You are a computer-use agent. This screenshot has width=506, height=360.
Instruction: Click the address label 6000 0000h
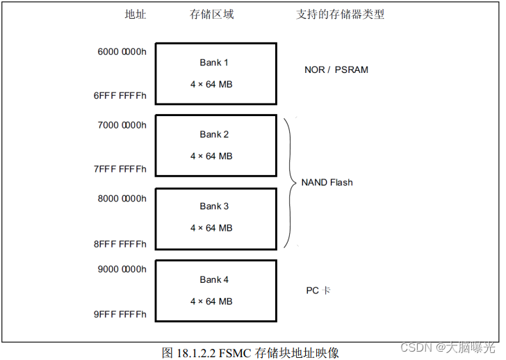tap(121, 51)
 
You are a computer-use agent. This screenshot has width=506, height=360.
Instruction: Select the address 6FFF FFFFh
tap(120, 97)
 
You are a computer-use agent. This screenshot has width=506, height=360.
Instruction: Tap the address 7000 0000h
tap(121, 125)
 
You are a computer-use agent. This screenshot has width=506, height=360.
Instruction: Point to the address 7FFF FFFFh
tap(120, 170)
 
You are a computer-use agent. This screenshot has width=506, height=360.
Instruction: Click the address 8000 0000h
tap(121, 198)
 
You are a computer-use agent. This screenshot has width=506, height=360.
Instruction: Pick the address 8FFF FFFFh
tap(120, 244)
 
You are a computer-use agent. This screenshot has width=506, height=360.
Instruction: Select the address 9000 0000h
tap(121, 269)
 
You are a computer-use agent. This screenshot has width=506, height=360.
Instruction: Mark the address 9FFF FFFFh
tap(120, 314)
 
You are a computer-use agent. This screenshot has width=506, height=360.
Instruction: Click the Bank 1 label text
tap(214, 63)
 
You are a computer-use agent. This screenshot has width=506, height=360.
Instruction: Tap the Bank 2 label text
tap(214, 134)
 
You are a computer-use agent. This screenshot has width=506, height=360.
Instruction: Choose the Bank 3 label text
tap(214, 206)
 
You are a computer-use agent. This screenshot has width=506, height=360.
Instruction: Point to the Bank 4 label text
tap(214, 279)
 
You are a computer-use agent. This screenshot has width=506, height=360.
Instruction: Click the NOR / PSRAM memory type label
tap(336, 70)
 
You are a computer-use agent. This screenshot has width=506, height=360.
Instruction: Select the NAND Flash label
tap(327, 182)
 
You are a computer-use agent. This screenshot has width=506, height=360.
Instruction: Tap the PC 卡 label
tap(318, 290)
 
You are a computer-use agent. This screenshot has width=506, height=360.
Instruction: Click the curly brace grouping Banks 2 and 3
tap(291, 182)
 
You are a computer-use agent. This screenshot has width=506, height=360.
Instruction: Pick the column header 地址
tap(135, 14)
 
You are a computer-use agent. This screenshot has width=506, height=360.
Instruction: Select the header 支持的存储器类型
tap(341, 14)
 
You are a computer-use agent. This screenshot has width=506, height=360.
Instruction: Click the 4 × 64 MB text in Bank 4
tap(211, 302)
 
